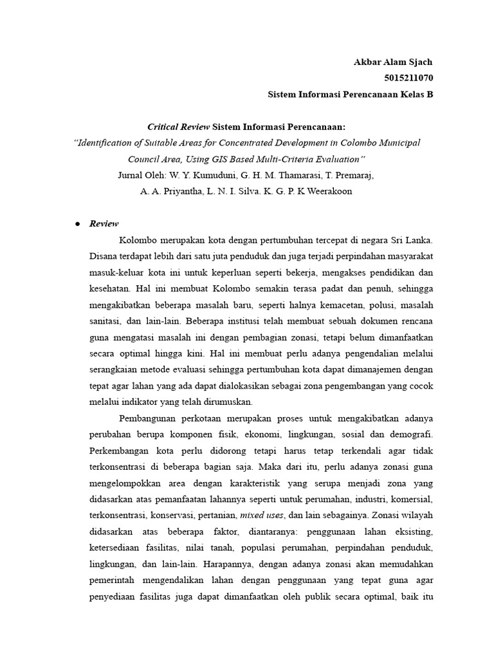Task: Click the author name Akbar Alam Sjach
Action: (x=393, y=62)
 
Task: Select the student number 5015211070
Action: (x=407, y=79)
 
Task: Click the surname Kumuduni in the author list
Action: (x=206, y=175)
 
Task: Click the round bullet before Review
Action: (x=77, y=224)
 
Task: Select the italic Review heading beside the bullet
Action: (x=104, y=224)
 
